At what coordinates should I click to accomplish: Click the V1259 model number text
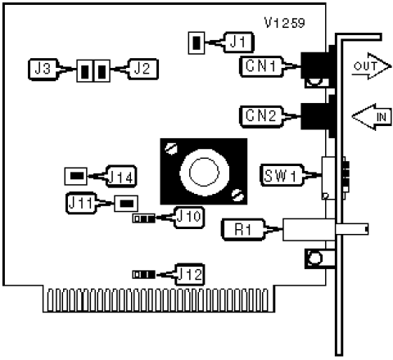[285, 23]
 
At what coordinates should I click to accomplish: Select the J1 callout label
[239, 43]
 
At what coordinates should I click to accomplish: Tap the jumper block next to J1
[196, 43]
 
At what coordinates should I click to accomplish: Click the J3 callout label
[43, 70]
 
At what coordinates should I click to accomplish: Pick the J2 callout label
[142, 69]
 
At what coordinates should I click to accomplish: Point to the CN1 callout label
[261, 66]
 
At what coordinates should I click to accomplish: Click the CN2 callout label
[261, 116]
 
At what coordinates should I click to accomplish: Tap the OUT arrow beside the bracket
[371, 66]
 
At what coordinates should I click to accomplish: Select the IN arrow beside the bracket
[372, 117]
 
